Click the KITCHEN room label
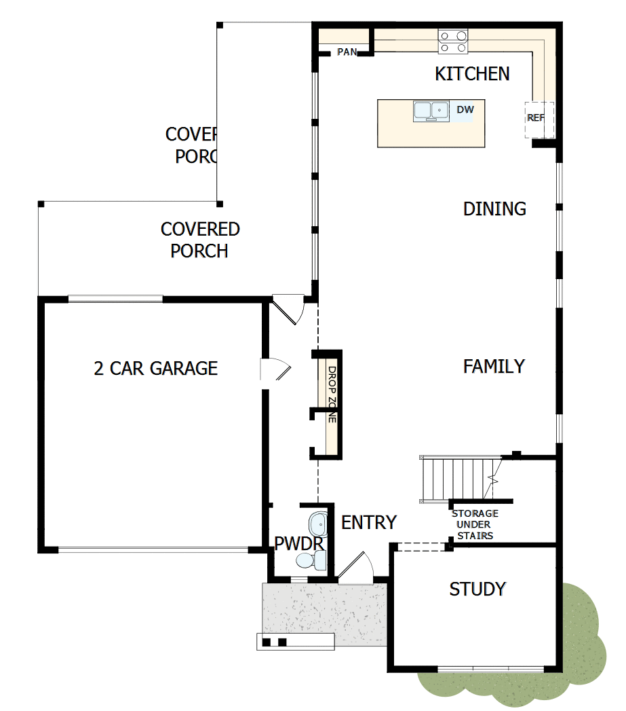coord(472,73)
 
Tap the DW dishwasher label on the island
coord(465,109)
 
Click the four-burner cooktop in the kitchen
coord(452,41)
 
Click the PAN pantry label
coord(347,52)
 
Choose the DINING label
coord(494,208)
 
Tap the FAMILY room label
coord(494,367)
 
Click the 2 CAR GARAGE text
coord(155,368)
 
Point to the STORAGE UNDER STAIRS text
coord(475,524)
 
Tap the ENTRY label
coord(368,522)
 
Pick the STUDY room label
coord(477,589)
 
